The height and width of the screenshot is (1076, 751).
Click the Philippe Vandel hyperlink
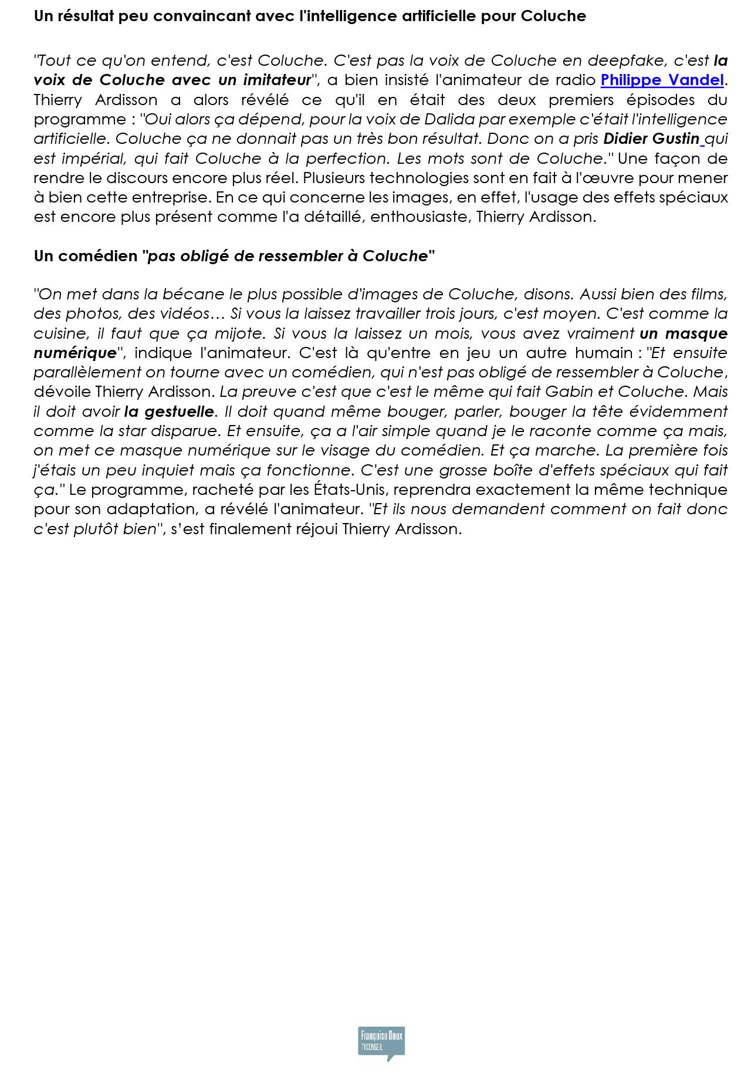662,80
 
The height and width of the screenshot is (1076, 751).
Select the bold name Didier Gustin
651,139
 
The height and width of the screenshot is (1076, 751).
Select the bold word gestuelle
178,411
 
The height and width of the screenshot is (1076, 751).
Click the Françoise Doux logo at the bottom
381,1043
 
